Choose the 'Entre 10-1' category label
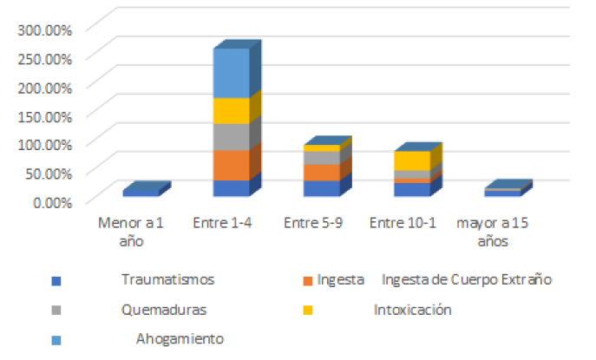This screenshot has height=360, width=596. (402, 223)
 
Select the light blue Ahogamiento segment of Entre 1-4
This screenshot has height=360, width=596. (231, 73)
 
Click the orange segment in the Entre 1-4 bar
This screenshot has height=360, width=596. (231, 165)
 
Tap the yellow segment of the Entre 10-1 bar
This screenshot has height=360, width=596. (411, 160)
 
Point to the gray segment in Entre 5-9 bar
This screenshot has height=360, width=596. (321, 158)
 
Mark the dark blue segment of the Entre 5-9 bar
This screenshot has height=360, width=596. (321, 187)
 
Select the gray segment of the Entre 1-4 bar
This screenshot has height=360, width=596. (231, 136)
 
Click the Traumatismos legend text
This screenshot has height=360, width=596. (167, 279)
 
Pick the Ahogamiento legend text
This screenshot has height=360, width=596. (180, 338)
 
